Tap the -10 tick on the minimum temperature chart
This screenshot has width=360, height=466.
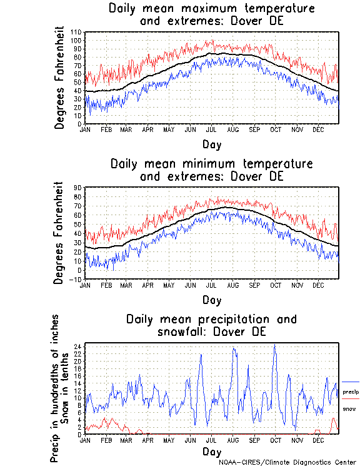77,280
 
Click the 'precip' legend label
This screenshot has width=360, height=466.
351,392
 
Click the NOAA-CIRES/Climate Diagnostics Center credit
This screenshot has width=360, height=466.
288,462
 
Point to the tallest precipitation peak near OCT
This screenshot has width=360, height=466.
274,345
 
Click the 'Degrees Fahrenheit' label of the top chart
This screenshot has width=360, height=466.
60,78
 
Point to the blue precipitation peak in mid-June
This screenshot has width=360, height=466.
201,355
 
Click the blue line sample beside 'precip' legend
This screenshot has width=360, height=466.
351,382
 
